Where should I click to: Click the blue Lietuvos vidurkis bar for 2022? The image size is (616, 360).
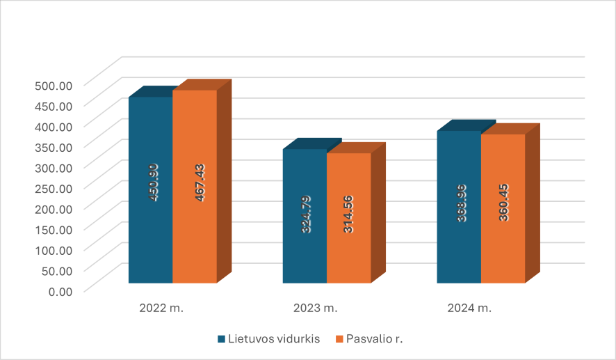click(x=151, y=230)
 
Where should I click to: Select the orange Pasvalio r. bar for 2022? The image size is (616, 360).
click(x=195, y=230)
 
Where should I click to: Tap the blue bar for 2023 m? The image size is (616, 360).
click(x=305, y=244)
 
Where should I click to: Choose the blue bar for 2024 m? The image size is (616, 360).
click(x=459, y=237)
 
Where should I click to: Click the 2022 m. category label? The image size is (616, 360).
click(x=161, y=308)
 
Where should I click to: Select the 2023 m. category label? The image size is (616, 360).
click(x=315, y=308)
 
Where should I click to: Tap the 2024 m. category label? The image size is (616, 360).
click(x=469, y=308)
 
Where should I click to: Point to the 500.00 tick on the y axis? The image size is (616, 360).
click(x=54, y=85)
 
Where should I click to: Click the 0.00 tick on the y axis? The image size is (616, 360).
click(x=60, y=290)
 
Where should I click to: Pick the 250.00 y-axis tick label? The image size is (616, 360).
click(x=54, y=187)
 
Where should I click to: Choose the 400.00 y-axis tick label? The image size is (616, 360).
click(x=54, y=126)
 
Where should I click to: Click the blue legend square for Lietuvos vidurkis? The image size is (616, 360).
click(x=222, y=339)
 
